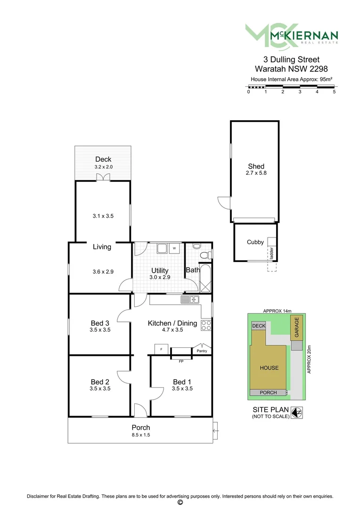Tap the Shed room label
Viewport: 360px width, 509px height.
point(256,166)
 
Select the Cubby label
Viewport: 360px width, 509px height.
point(255,242)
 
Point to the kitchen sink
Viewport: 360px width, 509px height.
point(190,299)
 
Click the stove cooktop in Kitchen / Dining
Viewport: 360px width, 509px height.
point(206,325)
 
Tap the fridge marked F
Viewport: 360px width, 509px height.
point(162,349)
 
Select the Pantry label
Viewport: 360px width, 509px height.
point(202,351)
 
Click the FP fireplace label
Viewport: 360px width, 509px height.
point(181,361)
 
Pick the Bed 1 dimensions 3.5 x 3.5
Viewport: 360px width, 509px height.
point(182,389)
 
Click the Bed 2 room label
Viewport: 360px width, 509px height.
point(100,382)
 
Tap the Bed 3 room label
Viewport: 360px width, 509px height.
point(100,323)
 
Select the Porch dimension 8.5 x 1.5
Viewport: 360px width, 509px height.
point(141,435)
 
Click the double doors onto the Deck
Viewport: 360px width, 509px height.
point(103,178)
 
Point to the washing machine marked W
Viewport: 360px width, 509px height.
point(174,248)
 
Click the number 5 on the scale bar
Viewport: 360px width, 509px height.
point(334,92)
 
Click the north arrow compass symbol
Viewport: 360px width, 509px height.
point(296,413)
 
